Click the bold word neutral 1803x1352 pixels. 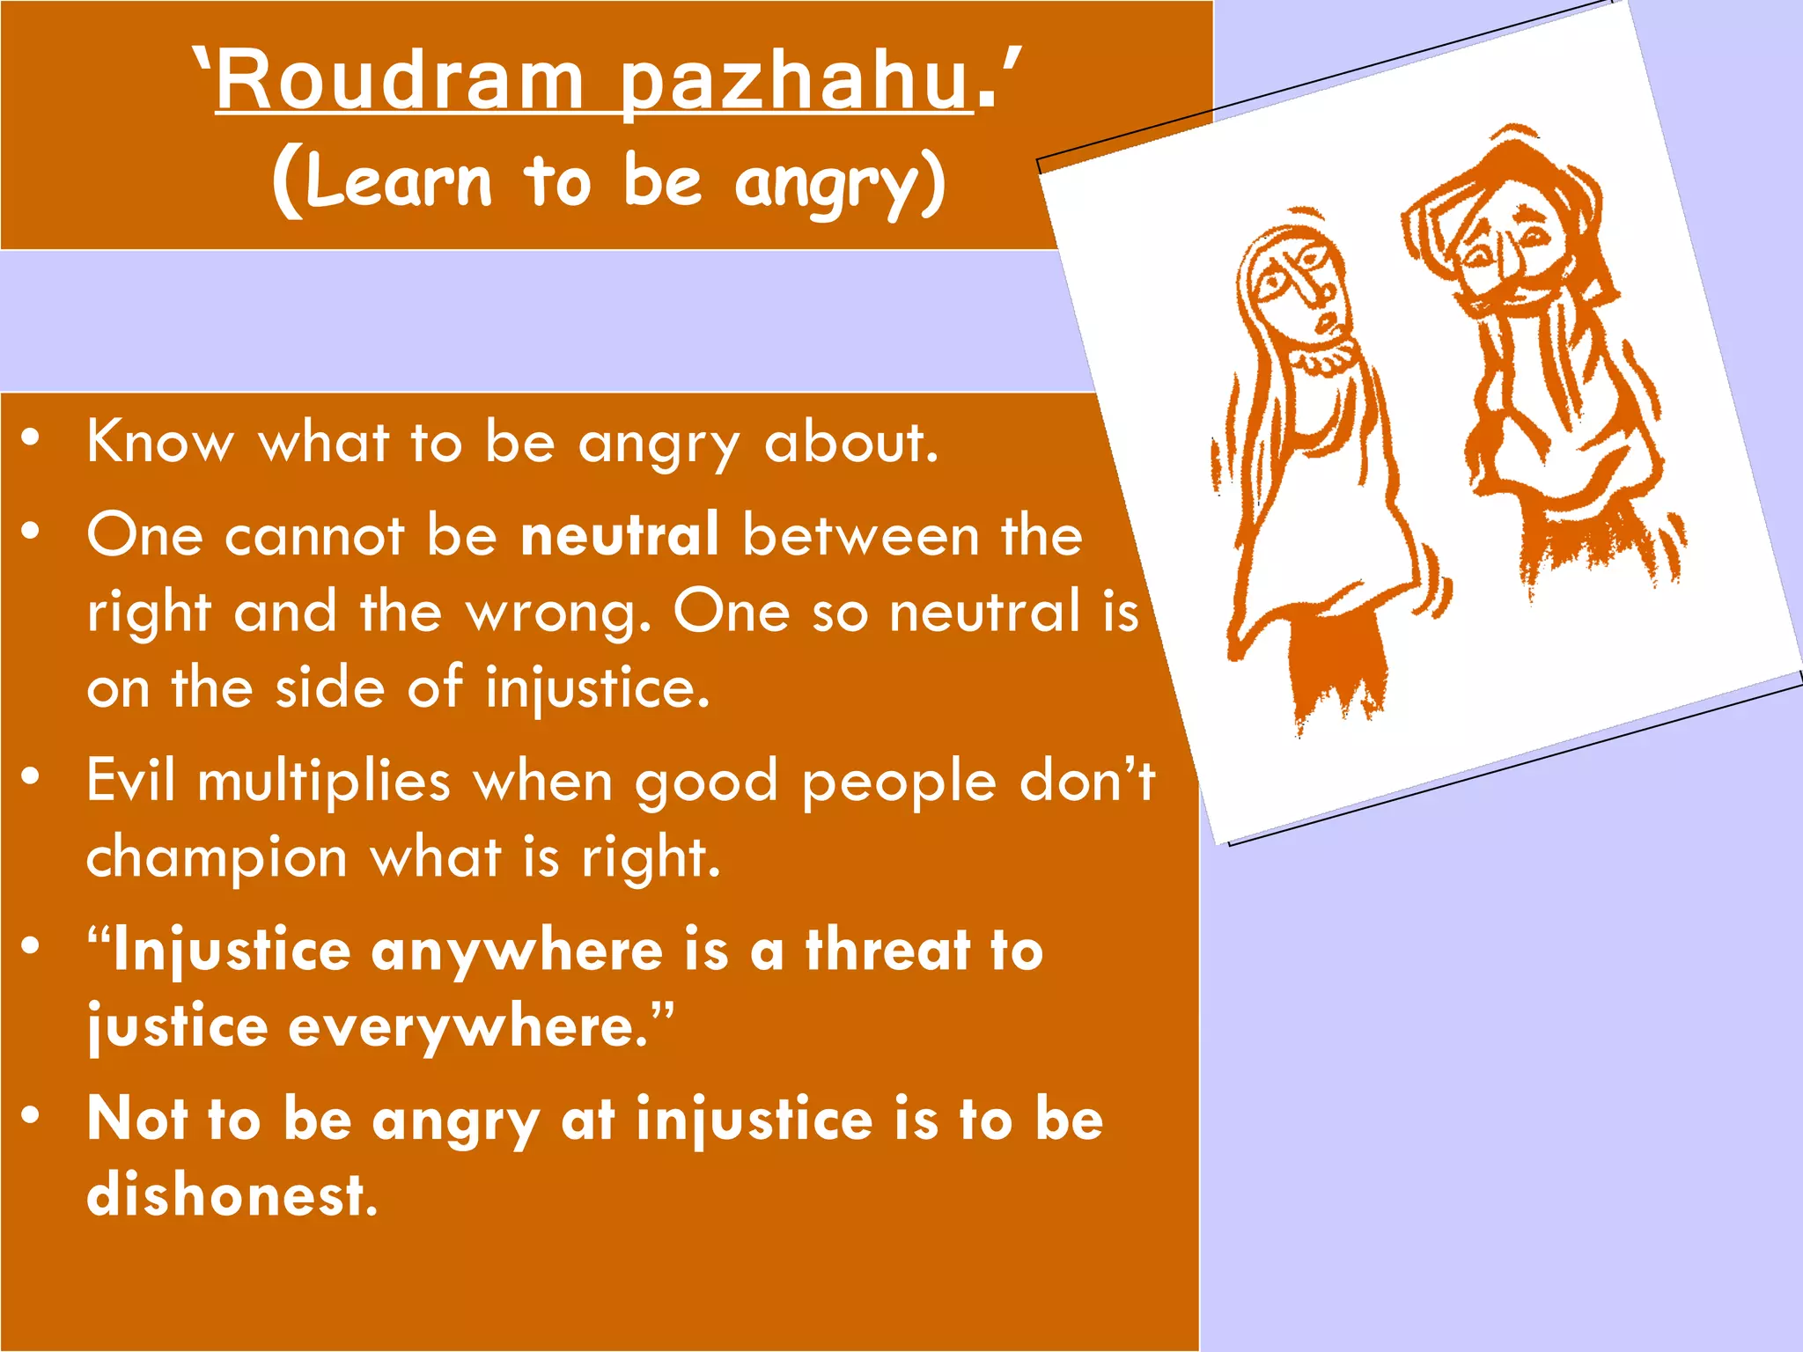(619, 534)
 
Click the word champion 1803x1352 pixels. (217, 857)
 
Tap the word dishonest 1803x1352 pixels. (232, 1195)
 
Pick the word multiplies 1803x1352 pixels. (323, 782)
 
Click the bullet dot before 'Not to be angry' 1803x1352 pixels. (32, 1115)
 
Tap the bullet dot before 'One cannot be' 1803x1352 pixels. (32, 531)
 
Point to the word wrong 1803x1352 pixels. (557, 612)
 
